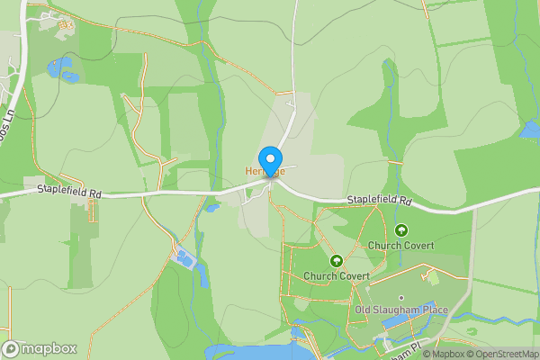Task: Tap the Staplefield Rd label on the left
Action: click(x=68, y=190)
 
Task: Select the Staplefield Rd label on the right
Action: click(x=379, y=200)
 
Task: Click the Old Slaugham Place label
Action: click(x=401, y=310)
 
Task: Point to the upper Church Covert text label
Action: click(x=400, y=245)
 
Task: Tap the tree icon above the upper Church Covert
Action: click(x=401, y=230)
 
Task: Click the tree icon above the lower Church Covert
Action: click(x=337, y=261)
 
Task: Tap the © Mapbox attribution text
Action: click(x=442, y=354)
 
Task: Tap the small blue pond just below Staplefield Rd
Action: click(x=212, y=208)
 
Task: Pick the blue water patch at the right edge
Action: click(x=531, y=130)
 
